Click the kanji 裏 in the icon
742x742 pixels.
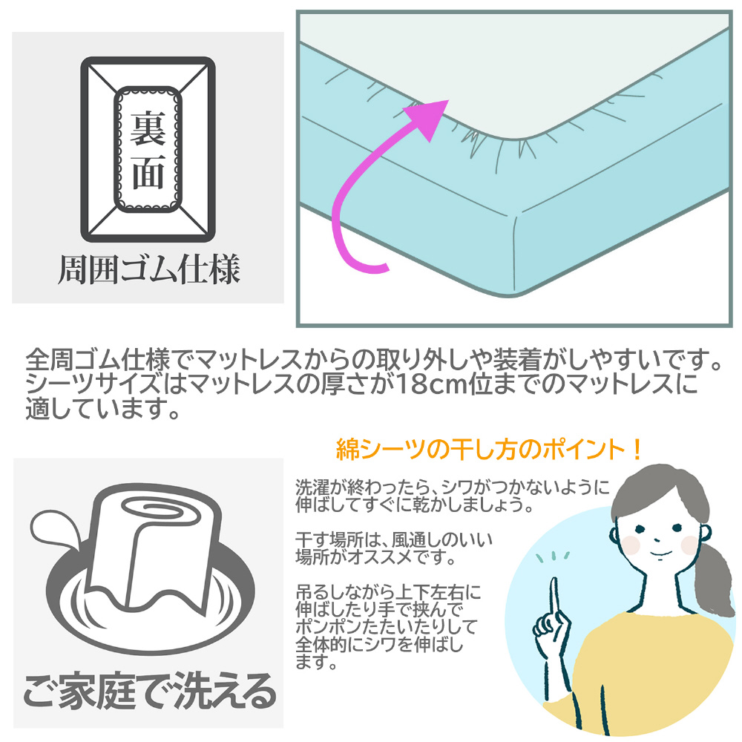tap(148, 128)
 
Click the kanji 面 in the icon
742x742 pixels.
tap(148, 172)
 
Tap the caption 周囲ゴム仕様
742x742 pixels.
tap(148, 270)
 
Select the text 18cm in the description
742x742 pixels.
tap(430, 384)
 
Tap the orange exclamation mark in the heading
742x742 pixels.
tap(637, 450)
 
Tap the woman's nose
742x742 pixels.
tap(657, 539)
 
